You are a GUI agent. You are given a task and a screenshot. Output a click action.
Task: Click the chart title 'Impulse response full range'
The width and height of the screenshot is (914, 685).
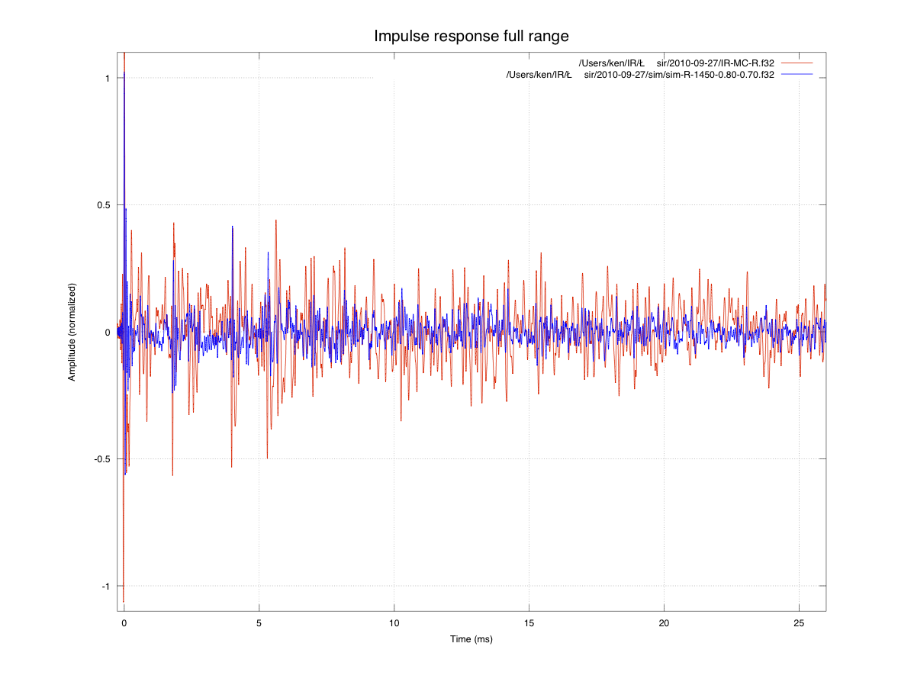pyautogui.click(x=471, y=36)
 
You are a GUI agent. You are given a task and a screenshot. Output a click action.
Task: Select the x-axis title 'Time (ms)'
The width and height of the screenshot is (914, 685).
pyautogui.click(x=471, y=638)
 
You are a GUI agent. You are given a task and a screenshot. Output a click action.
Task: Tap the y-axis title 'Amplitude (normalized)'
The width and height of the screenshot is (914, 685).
pyautogui.click(x=72, y=333)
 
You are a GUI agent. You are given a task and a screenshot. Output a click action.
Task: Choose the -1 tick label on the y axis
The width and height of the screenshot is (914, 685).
pyautogui.click(x=106, y=586)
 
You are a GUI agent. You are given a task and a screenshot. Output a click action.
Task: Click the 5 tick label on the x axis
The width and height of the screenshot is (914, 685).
pyautogui.click(x=259, y=622)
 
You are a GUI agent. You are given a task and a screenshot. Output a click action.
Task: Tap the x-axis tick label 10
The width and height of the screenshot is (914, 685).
pyautogui.click(x=394, y=622)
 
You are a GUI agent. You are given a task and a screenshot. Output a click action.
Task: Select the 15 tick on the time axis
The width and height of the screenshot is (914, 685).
pyautogui.click(x=529, y=622)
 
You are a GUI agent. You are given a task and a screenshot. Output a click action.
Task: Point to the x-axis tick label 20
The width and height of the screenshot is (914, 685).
pyautogui.click(x=665, y=622)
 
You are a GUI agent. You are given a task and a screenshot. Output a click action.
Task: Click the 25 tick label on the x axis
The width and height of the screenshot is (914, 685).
pyautogui.click(x=799, y=622)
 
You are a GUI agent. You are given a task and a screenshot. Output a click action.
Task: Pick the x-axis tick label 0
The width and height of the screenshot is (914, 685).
pyautogui.click(x=124, y=622)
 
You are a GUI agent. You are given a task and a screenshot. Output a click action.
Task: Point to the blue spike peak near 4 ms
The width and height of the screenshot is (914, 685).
pyautogui.click(x=233, y=227)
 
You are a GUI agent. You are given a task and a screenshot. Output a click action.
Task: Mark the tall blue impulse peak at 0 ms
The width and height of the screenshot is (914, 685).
pyautogui.click(x=124, y=73)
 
